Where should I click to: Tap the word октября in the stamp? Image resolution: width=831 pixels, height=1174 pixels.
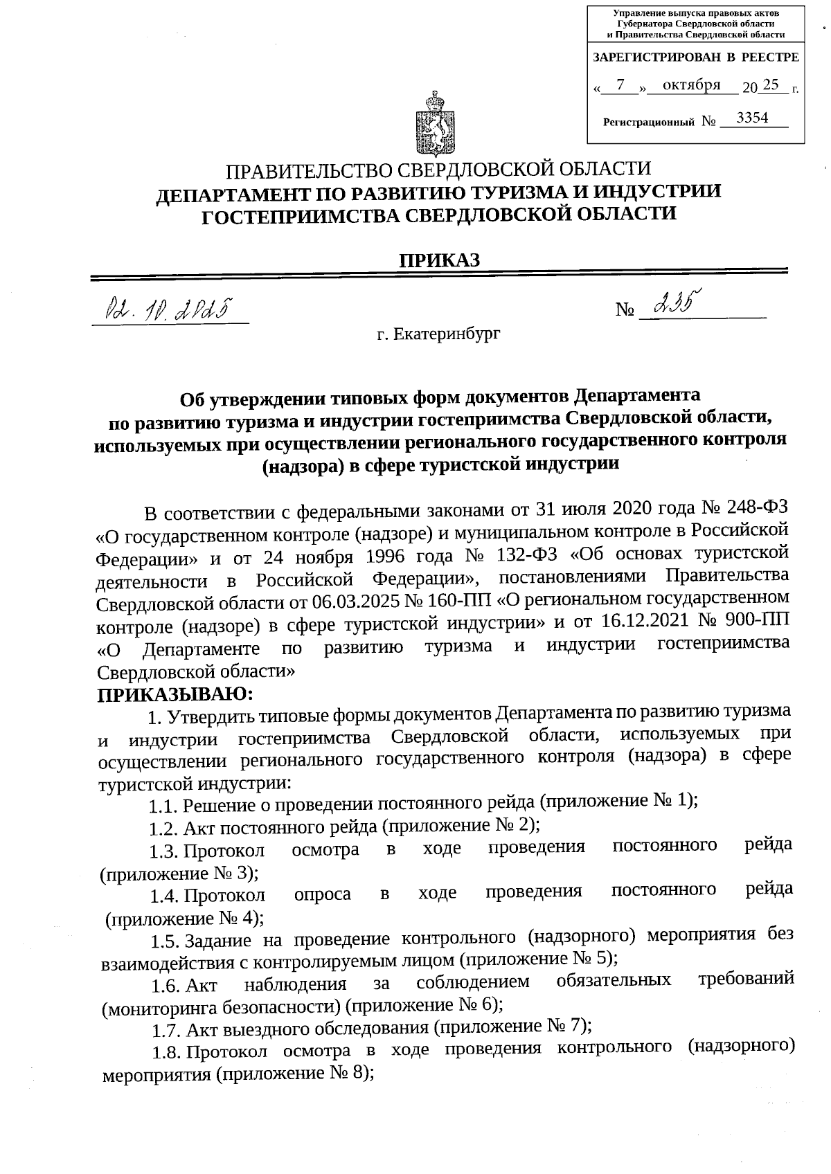691,85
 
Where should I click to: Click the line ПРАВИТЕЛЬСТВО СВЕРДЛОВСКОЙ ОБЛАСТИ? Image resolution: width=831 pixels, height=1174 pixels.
439,169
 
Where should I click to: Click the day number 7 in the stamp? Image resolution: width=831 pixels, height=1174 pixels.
620,85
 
